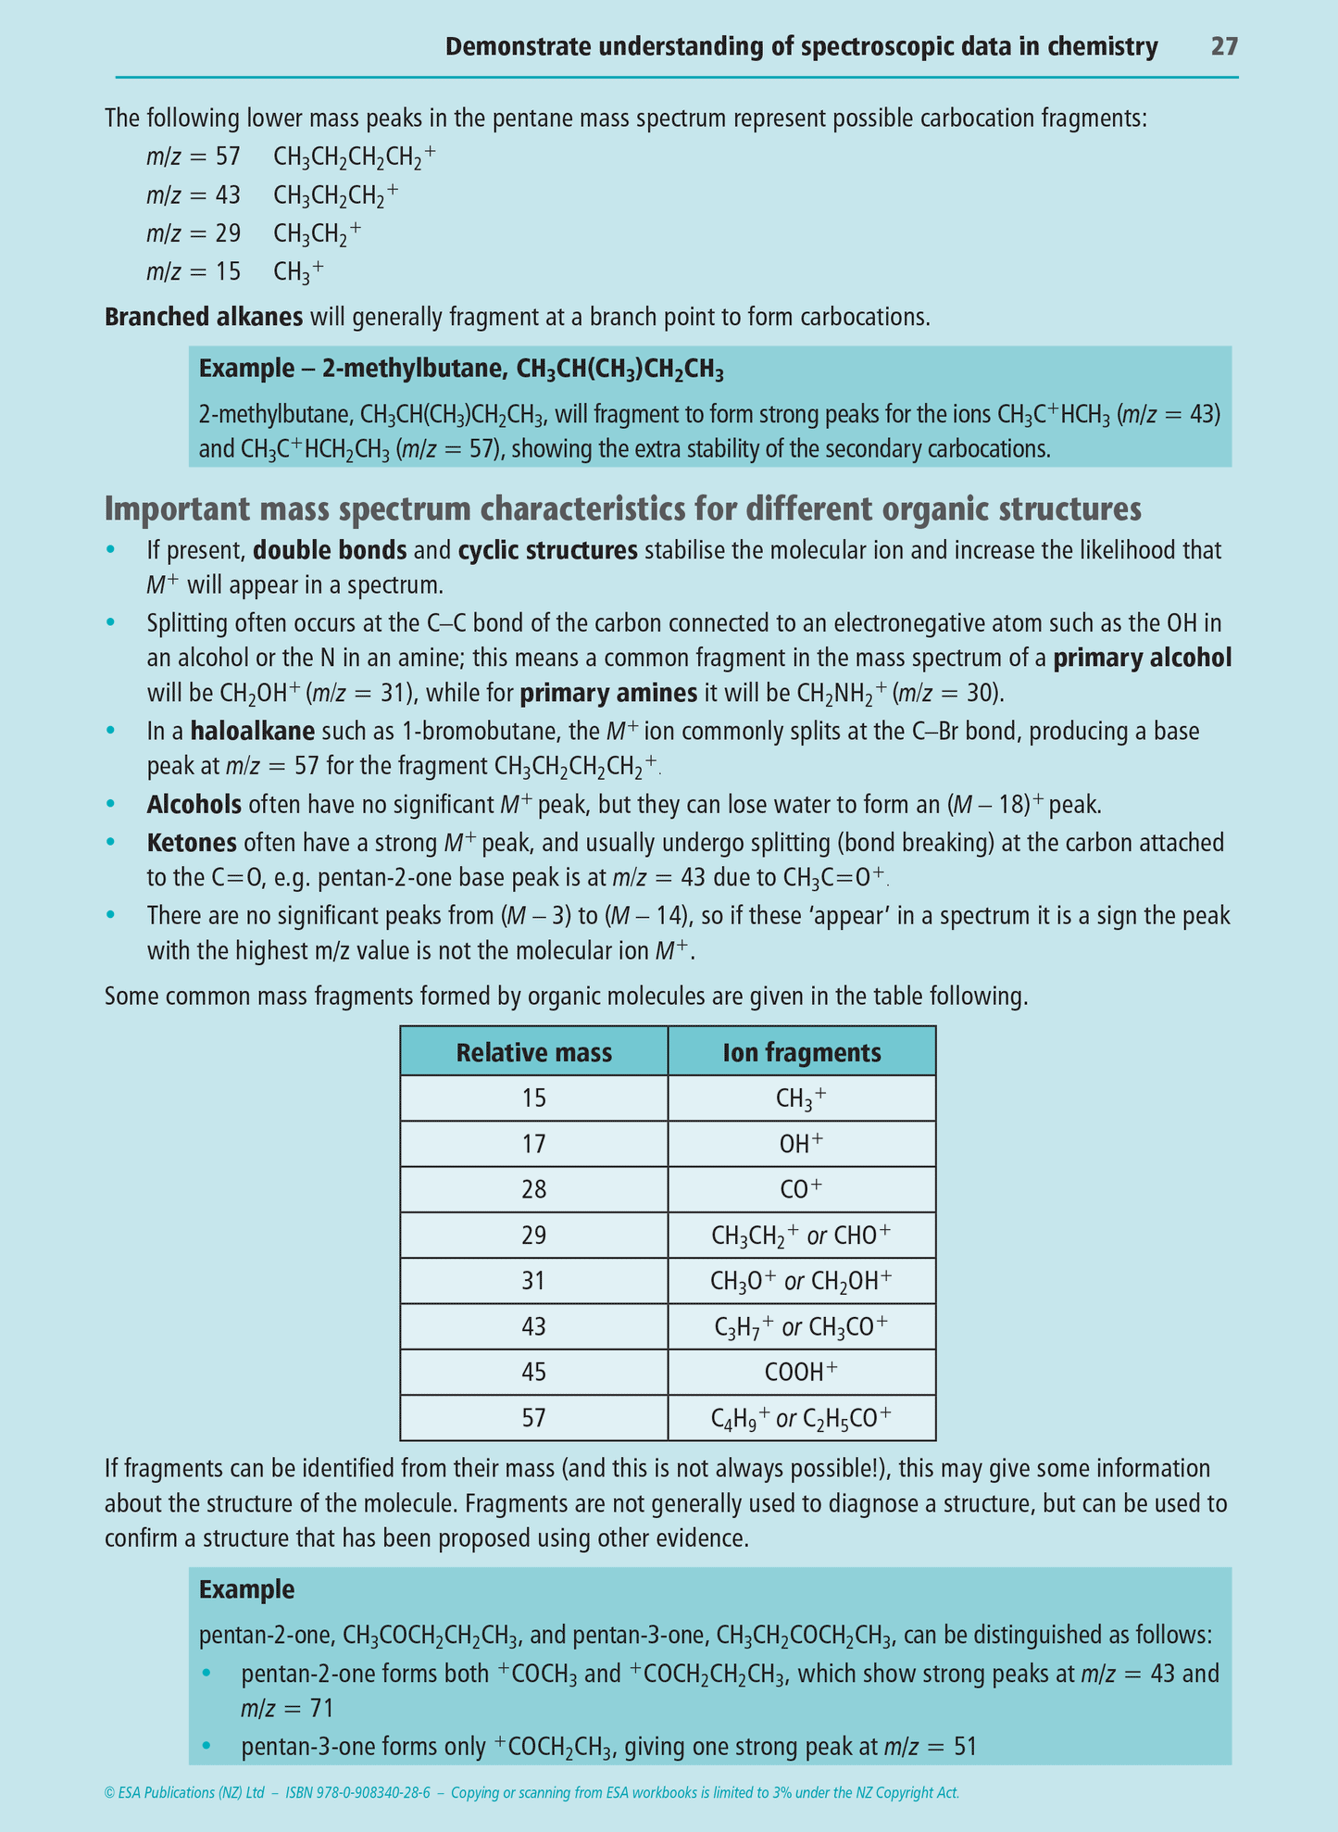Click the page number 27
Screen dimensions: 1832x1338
(1223, 46)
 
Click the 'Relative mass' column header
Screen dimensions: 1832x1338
(533, 1052)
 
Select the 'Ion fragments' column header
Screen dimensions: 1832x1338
(801, 1052)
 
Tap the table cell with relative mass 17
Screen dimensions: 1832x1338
(533, 1144)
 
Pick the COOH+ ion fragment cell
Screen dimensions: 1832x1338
(801, 1372)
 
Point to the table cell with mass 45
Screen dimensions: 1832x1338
(533, 1372)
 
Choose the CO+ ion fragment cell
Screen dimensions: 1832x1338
(801, 1189)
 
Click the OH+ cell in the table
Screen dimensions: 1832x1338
(801, 1144)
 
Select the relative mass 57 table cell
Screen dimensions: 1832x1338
(533, 1417)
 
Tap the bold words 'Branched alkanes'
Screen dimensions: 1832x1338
(204, 317)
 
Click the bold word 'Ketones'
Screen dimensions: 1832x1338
(192, 843)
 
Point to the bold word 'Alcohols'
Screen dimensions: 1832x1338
(194, 804)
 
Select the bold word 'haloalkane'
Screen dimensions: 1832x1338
(252, 732)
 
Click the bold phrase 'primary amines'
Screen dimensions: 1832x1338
(608, 694)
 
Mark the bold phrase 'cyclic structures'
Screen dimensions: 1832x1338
(547, 550)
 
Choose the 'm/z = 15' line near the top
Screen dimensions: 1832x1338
(194, 271)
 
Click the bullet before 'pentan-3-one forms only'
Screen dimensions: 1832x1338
(206, 1747)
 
